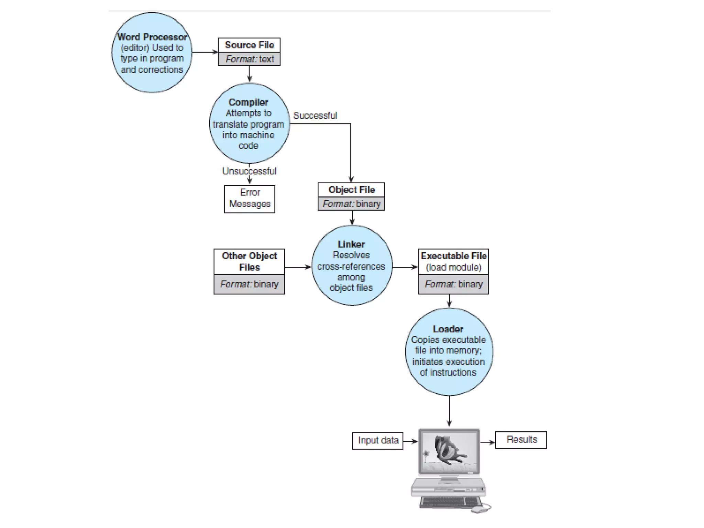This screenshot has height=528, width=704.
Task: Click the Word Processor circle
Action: click(152, 53)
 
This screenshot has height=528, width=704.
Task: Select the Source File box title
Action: click(249, 45)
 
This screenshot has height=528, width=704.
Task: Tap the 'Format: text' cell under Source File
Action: click(249, 59)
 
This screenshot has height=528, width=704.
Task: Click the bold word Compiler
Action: click(248, 102)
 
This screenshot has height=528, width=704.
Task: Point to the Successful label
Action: click(315, 115)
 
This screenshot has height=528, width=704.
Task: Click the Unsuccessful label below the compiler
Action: click(249, 171)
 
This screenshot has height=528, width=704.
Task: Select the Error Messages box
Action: click(250, 199)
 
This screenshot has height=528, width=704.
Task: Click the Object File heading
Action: click(351, 190)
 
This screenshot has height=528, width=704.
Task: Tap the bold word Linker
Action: click(351, 244)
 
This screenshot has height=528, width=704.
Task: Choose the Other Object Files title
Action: click(249, 261)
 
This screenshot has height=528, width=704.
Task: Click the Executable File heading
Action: click(453, 256)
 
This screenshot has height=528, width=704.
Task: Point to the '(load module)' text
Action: click(453, 267)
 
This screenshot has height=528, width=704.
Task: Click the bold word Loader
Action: click(448, 329)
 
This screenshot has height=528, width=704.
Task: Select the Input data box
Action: click(378, 440)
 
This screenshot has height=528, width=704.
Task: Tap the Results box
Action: click(521, 440)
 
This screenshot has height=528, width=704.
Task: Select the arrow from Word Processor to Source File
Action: click(205, 52)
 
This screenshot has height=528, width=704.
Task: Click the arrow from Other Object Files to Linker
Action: click(298, 267)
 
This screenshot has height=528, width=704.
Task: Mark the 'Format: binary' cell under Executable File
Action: click(453, 284)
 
